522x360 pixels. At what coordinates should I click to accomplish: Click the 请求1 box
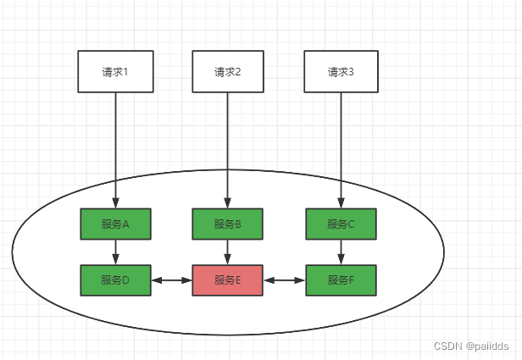[115, 71]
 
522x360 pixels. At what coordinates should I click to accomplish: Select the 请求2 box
[228, 71]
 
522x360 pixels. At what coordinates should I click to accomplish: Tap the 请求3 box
[341, 71]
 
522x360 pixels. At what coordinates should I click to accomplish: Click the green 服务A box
[115, 224]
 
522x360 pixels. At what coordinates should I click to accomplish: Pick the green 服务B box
[228, 224]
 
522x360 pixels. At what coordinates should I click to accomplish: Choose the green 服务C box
[341, 224]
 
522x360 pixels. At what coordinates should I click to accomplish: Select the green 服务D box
[115, 280]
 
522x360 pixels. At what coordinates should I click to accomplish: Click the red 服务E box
[228, 280]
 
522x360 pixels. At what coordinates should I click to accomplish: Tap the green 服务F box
[341, 280]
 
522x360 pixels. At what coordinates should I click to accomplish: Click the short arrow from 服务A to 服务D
[115, 252]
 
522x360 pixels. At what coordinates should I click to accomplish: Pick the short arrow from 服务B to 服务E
[228, 252]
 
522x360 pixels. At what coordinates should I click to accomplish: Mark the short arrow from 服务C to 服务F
[341, 252]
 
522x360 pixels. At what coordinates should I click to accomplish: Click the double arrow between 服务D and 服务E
[172, 279]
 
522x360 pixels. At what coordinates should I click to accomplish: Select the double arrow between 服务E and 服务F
[284, 279]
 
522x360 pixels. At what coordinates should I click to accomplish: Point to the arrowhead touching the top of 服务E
[228, 260]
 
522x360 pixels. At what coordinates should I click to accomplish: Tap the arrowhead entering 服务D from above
[115, 260]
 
